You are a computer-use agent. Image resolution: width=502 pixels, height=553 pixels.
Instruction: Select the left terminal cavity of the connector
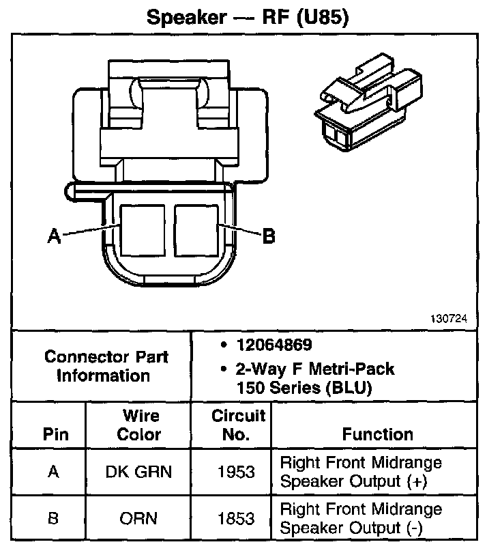pos(142,231)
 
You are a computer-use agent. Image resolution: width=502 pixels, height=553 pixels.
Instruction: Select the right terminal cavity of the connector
pos(196,231)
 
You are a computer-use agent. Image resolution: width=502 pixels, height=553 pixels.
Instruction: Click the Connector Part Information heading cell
pos(106,366)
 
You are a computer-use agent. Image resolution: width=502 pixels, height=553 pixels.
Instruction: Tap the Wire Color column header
pos(139,425)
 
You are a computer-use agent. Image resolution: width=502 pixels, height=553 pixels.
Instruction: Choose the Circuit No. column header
pos(238,425)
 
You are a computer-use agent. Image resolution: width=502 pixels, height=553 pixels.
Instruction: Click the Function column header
pos(377,434)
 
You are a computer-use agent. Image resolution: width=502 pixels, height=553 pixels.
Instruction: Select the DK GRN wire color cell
pos(139,472)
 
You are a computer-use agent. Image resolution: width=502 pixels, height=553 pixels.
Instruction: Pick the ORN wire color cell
pos(139,519)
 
